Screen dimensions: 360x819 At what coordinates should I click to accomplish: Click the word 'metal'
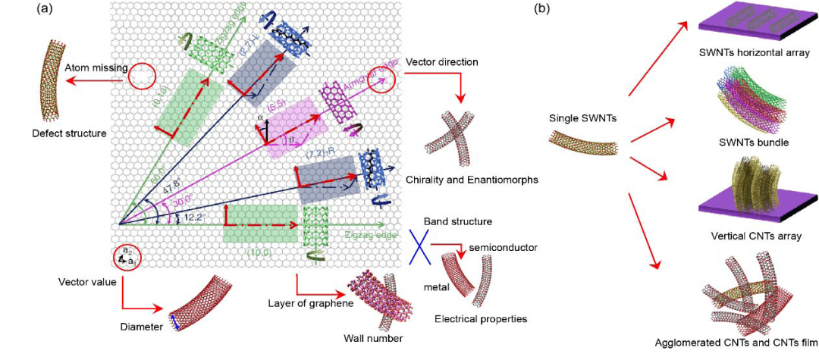tap(436, 288)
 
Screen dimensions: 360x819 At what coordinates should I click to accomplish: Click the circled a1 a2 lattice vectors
tap(127, 256)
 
